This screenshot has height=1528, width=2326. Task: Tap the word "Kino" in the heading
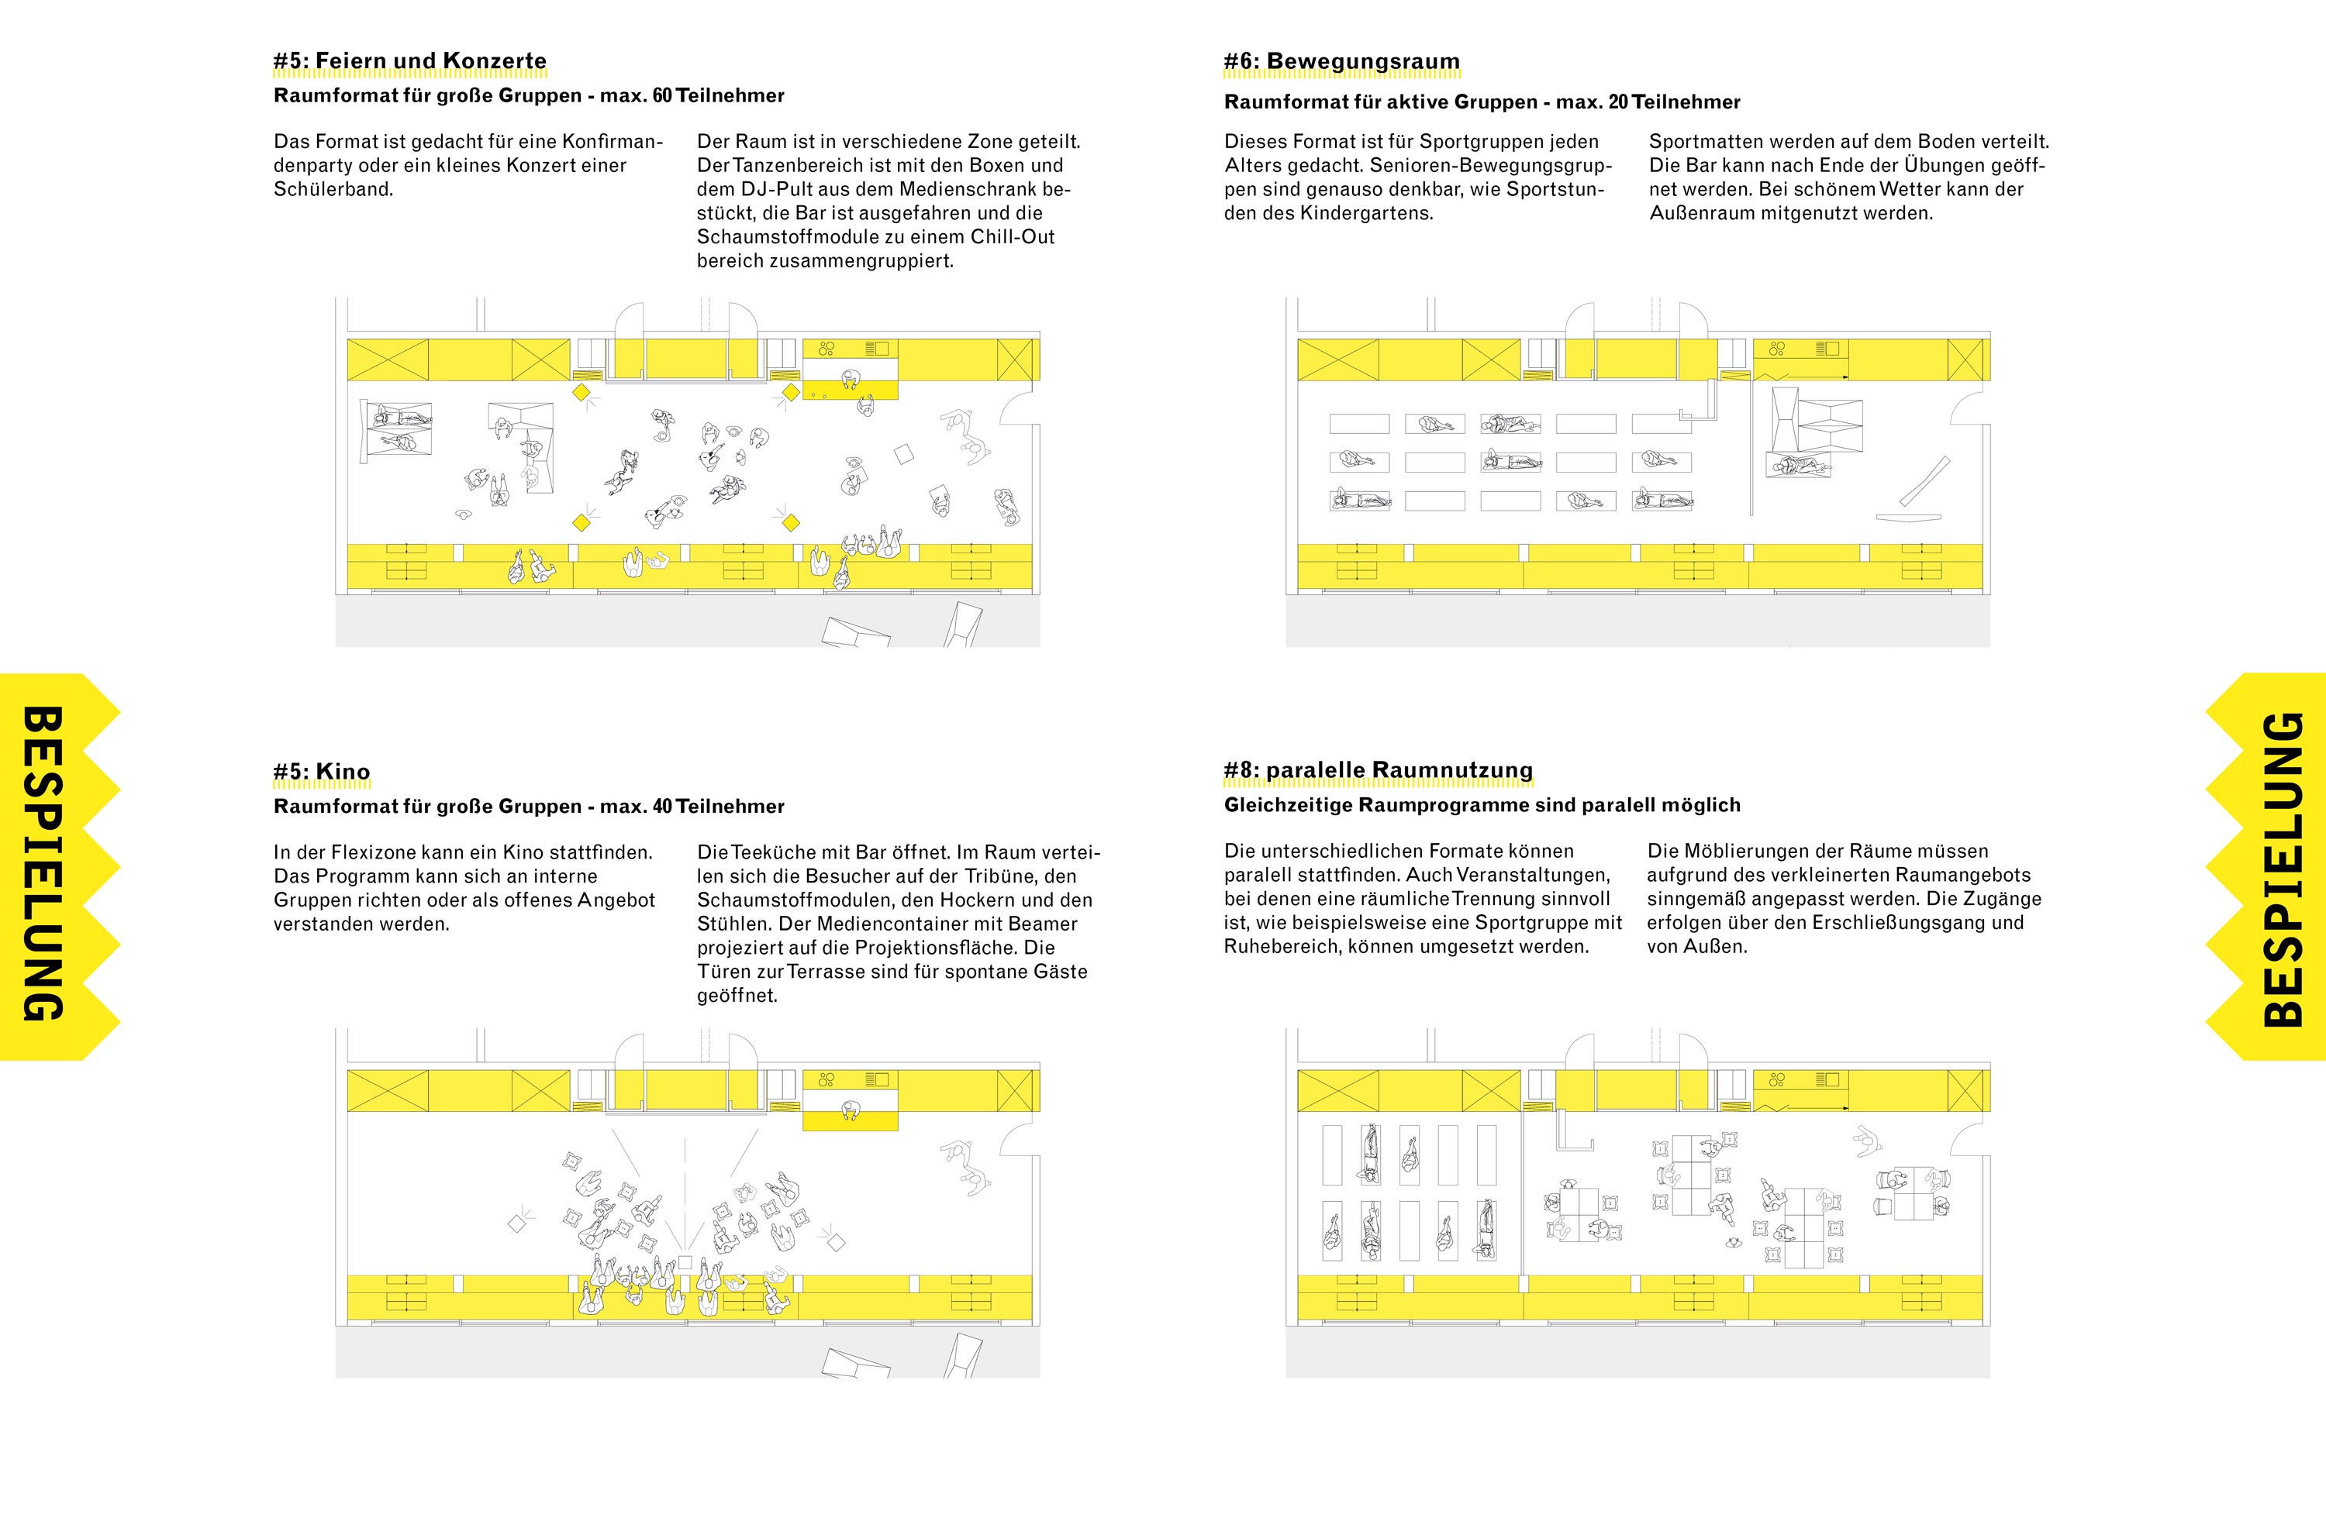click(x=342, y=772)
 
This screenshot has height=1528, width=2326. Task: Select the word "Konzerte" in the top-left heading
click(x=495, y=61)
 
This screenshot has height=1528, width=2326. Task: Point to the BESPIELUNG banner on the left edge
click(x=44, y=865)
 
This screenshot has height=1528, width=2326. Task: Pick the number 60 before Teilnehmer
click(x=663, y=96)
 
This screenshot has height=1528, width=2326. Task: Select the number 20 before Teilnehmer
click(x=1618, y=102)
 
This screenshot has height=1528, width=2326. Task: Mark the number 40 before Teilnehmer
click(x=663, y=807)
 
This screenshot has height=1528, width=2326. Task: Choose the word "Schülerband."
click(x=333, y=190)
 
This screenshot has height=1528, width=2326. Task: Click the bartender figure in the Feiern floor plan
click(x=851, y=378)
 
